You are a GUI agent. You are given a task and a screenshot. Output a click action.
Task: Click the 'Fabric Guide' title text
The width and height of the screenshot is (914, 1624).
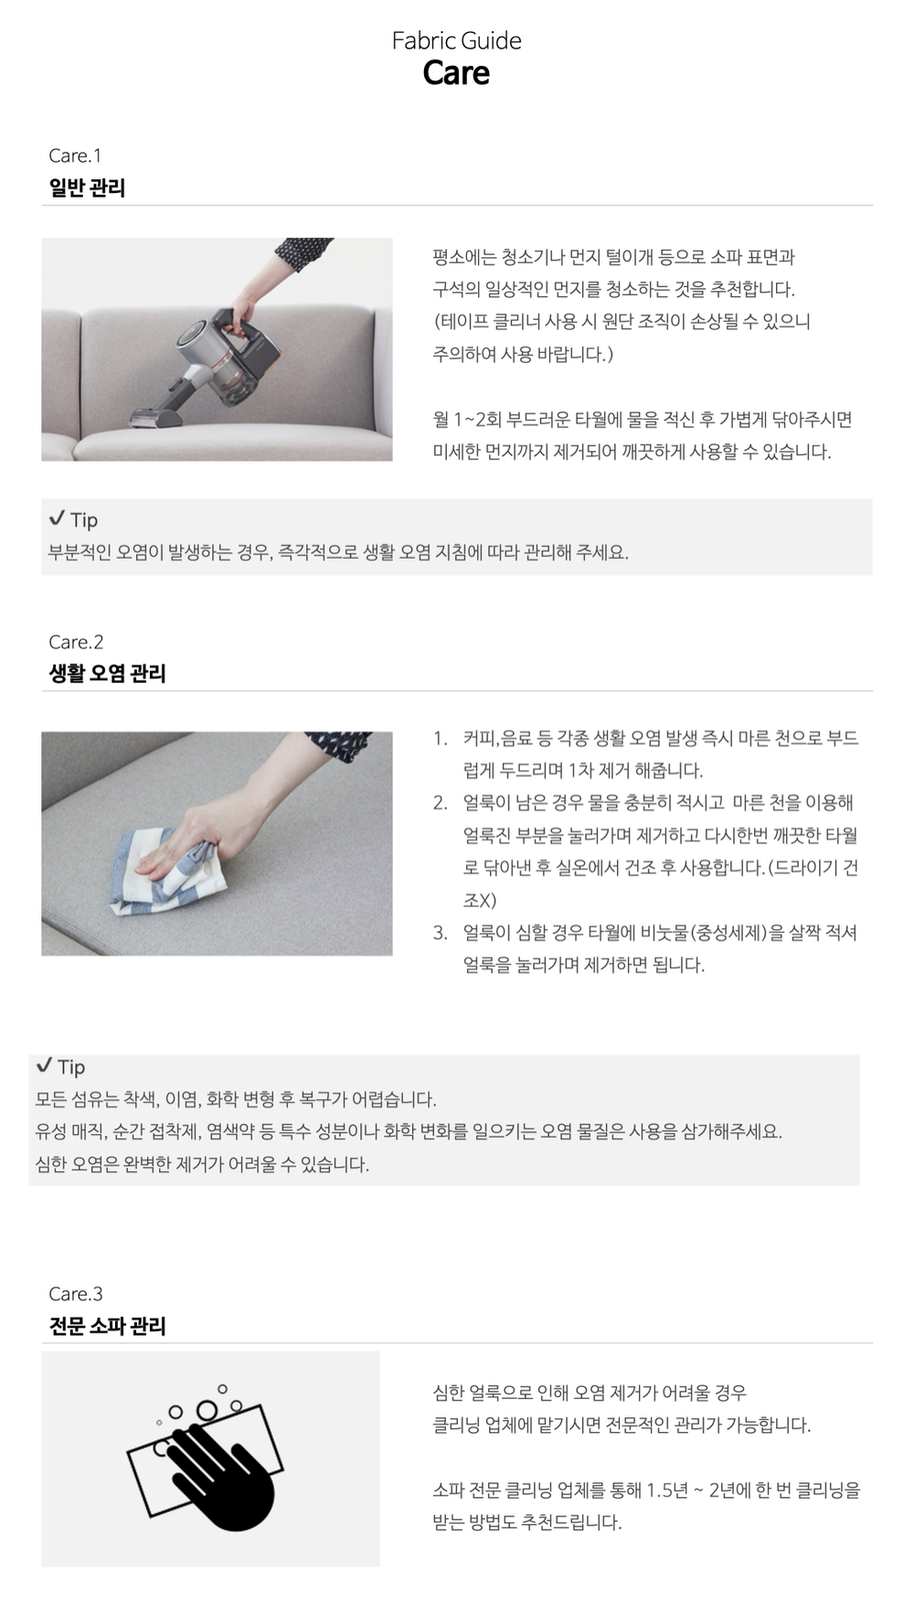[456, 40]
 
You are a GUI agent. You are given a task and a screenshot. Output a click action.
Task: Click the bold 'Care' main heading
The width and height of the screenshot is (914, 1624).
[456, 73]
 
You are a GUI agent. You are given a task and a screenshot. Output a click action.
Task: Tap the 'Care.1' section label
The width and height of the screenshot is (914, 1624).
[75, 155]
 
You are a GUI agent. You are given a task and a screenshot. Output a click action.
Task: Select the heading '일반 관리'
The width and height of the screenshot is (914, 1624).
[87, 187]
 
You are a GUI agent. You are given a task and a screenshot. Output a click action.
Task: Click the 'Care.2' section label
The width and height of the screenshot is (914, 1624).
[76, 642]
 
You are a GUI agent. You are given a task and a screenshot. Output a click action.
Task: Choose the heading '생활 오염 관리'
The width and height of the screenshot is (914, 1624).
[107, 673]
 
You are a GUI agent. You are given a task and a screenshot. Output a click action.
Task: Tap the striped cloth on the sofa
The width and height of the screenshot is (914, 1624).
[169, 869]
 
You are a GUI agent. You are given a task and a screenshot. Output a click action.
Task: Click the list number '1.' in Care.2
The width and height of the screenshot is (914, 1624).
[441, 738]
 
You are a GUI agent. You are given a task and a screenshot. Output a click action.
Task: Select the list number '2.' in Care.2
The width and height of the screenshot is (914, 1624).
[441, 803]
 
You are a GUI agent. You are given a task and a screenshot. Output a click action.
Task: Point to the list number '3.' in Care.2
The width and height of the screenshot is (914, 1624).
[441, 933]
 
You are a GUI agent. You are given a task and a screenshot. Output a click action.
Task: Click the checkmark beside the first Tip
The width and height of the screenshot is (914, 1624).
[57, 518]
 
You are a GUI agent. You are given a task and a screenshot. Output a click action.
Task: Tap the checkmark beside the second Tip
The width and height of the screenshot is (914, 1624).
[44, 1065]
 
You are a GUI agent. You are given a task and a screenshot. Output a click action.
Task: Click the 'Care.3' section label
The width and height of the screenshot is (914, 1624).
[76, 1294]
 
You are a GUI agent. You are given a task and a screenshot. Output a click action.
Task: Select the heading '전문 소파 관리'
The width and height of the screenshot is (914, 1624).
[107, 1326]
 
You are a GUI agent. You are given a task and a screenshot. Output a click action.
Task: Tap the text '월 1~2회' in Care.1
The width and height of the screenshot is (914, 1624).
[468, 420]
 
